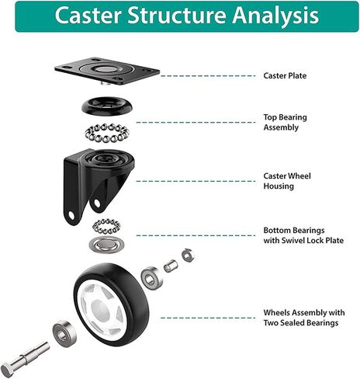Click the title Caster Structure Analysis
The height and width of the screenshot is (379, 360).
coord(187,16)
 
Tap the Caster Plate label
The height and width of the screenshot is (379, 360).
coord(285,76)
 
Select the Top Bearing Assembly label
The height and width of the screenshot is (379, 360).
coord(285,123)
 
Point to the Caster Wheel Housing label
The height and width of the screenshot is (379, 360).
coord(287,181)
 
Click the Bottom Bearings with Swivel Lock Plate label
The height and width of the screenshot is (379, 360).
coord(303,235)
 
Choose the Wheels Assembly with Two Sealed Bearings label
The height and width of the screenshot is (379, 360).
coord(304,318)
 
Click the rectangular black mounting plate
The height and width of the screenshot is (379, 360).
coord(107,71)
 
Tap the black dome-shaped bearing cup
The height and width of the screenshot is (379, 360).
coord(107,106)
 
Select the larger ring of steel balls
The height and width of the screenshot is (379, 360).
coord(107,133)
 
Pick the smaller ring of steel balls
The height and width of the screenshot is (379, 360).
coord(106,227)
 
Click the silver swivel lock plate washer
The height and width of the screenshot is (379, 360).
coord(106,245)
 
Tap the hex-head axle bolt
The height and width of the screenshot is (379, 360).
coord(25,358)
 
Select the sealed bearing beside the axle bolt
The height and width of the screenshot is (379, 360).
coord(64,334)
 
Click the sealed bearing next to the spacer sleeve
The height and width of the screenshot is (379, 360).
coord(152,278)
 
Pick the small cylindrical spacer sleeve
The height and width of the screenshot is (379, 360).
coord(171,266)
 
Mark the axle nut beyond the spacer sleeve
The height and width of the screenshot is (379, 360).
coord(188,256)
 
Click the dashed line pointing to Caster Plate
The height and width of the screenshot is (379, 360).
coord(208,76)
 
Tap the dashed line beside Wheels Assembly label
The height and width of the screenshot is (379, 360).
coord(208,318)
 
